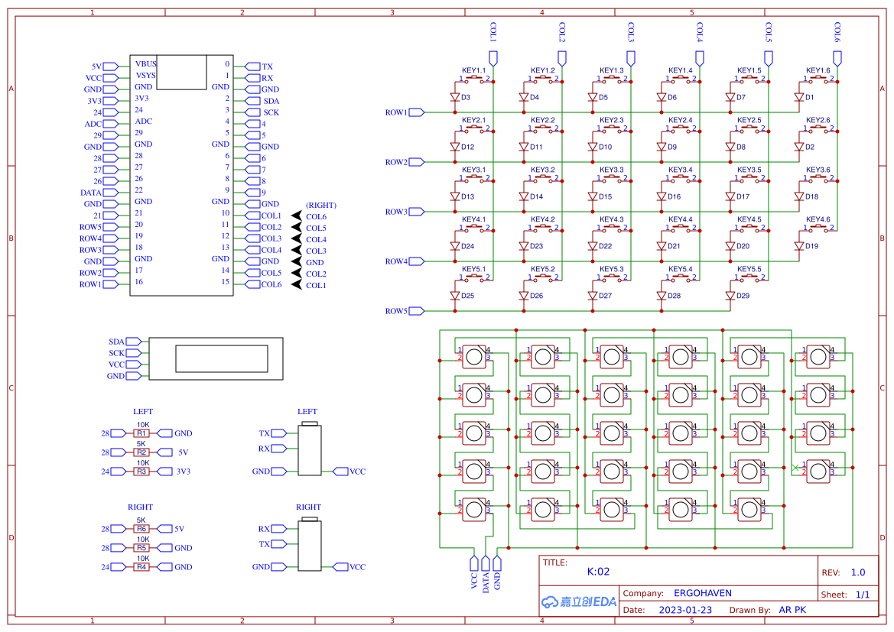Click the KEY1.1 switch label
click(473, 70)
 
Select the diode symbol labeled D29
click(730, 295)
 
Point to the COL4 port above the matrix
click(700, 57)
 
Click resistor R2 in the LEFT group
click(141, 452)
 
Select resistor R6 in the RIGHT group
click(141, 529)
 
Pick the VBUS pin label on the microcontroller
click(145, 63)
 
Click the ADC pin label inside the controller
click(143, 122)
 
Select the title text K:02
click(598, 572)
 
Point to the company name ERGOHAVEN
click(702, 593)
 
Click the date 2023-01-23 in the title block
click(684, 610)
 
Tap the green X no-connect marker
click(795, 467)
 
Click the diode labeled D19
click(799, 246)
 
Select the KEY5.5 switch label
click(749, 269)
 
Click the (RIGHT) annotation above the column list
click(320, 206)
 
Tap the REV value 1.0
click(857, 572)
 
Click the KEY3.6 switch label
click(818, 170)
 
